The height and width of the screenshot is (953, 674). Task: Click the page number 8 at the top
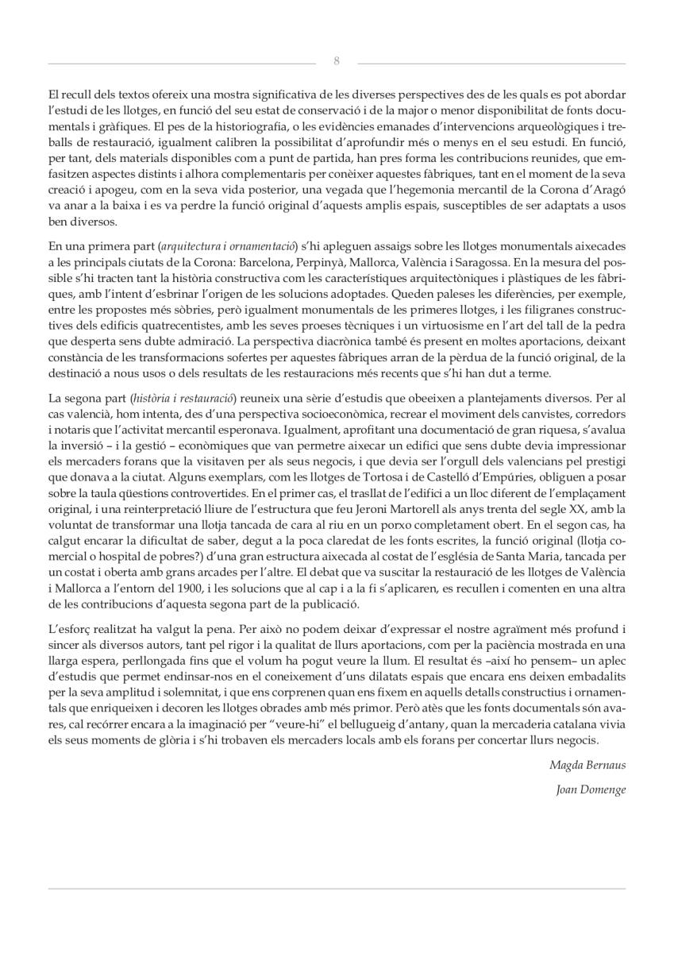point(337,61)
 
